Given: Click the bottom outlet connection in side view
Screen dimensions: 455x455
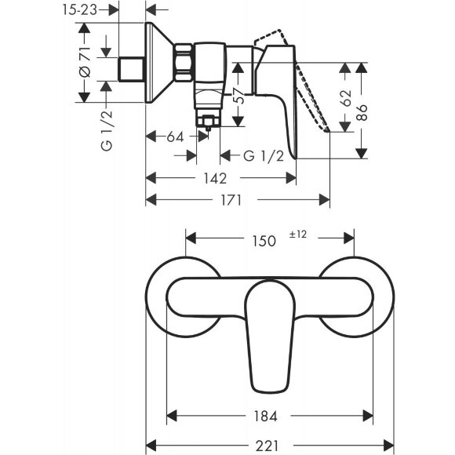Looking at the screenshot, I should click(x=209, y=120).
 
